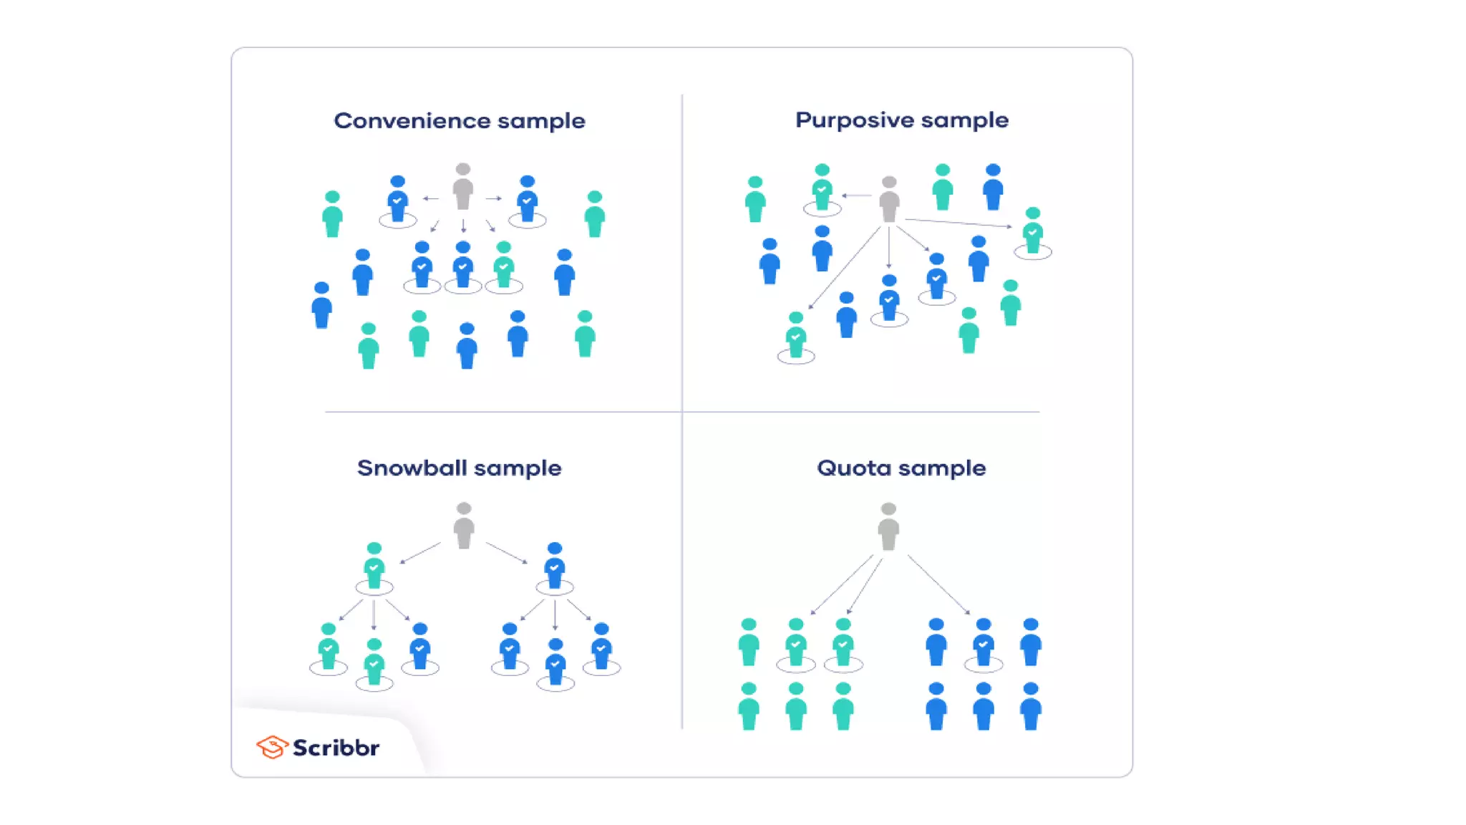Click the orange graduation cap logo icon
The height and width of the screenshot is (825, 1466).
271,747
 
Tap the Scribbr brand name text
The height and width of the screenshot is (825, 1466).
336,748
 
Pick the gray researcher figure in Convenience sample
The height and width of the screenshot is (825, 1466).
463,187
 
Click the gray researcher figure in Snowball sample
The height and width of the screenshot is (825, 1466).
464,526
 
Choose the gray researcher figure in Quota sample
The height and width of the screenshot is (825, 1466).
888,526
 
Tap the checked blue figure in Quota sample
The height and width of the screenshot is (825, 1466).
984,642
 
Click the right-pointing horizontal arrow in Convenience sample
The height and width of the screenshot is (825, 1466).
494,198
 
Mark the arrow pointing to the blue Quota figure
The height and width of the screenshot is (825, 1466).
938,584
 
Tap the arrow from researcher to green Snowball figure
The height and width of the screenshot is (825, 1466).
420,553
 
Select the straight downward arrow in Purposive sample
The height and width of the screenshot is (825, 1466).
889,247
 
